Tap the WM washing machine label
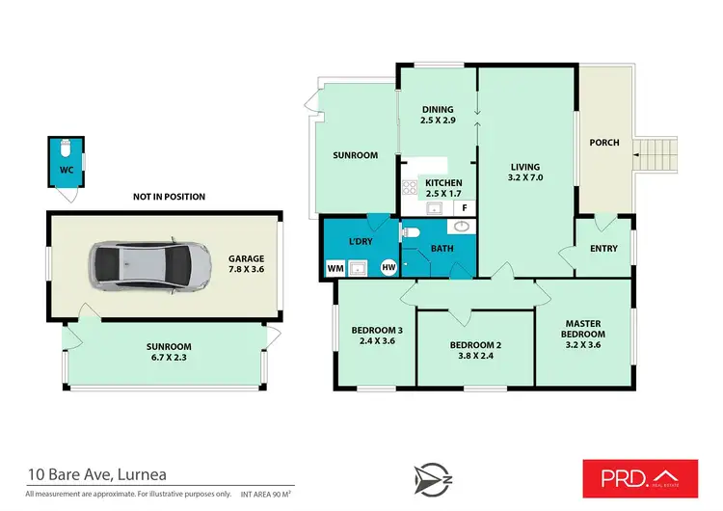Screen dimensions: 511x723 pyautogui.click(x=335, y=267)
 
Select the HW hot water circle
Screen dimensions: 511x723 pyautogui.click(x=388, y=267)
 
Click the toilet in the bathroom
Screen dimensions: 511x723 pyautogui.click(x=410, y=232)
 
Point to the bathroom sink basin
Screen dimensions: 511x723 pyautogui.click(x=460, y=228)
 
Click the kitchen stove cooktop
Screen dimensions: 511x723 pyautogui.click(x=409, y=188)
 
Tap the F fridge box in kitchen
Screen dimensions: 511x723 pyautogui.click(x=464, y=207)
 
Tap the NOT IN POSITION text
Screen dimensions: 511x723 pyautogui.click(x=169, y=197)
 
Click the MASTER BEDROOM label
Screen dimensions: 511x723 pyautogui.click(x=584, y=329)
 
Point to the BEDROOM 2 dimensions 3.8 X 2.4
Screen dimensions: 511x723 pyautogui.click(x=475, y=355)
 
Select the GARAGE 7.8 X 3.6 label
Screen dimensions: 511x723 pyautogui.click(x=246, y=264)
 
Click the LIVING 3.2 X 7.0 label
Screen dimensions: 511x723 pyautogui.click(x=525, y=172)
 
